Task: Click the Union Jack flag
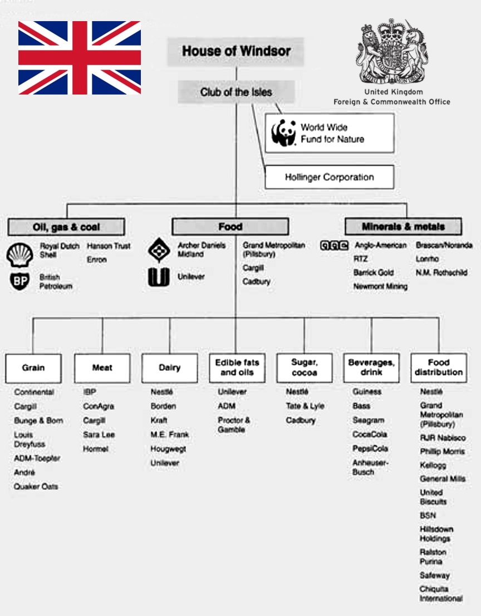(x=79, y=58)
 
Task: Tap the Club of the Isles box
(x=236, y=92)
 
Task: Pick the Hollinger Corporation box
(x=329, y=177)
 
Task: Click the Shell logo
(x=20, y=255)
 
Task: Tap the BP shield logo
(x=20, y=281)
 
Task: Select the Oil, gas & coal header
(x=66, y=227)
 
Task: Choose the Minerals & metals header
(x=404, y=226)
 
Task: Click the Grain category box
(x=33, y=367)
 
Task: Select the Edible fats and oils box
(x=237, y=367)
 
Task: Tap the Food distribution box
(x=438, y=367)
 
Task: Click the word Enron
(x=97, y=260)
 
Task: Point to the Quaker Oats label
(x=36, y=486)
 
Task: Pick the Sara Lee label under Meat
(x=99, y=434)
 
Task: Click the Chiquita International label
(x=441, y=594)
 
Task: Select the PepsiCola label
(x=370, y=449)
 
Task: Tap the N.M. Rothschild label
(x=441, y=273)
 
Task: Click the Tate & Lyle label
(x=305, y=406)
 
